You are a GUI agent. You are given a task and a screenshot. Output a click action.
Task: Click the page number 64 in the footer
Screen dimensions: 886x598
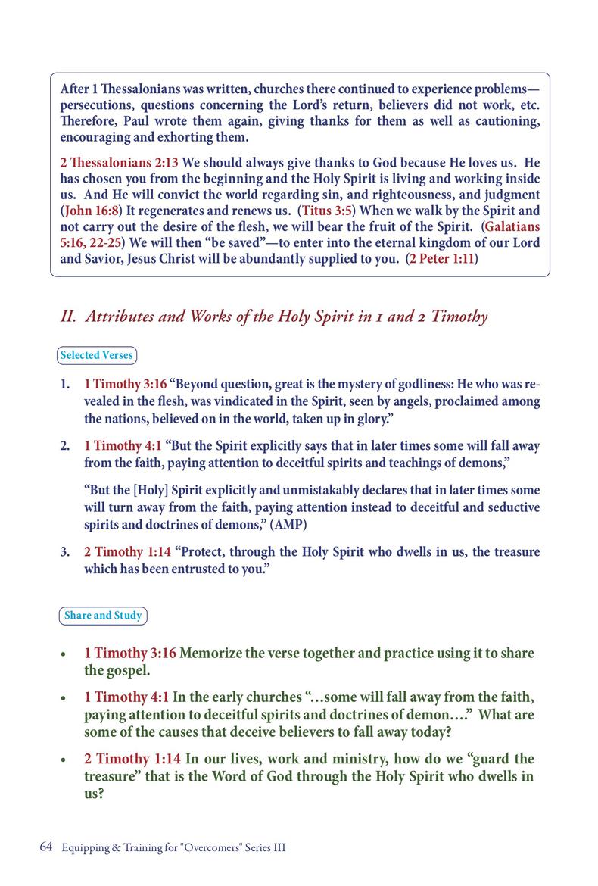[x=45, y=847]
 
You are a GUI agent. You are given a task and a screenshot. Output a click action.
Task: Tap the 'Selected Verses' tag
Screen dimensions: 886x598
[x=97, y=354]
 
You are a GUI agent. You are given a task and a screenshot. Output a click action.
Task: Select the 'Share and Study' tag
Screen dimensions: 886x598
[x=103, y=616]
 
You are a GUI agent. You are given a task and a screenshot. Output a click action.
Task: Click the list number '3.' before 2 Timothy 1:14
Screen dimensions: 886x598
[x=66, y=552]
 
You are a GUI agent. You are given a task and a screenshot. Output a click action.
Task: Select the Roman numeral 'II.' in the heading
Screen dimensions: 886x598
[x=70, y=317]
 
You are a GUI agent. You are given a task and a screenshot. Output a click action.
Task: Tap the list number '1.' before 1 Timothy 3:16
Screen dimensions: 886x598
[x=66, y=385]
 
